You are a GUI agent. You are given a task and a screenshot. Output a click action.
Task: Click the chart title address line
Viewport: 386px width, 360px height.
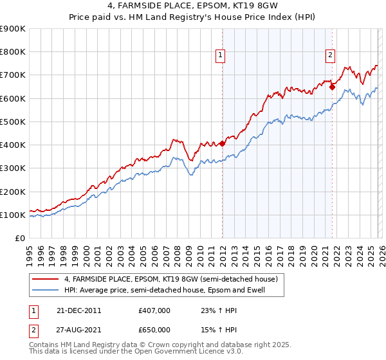point(193,6)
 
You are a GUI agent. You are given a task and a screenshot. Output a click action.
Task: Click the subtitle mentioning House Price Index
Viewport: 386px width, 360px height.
point(193,18)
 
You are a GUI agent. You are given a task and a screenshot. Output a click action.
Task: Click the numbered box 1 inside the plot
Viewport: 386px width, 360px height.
point(221,56)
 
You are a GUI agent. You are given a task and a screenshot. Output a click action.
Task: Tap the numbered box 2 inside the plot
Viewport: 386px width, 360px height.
point(330,56)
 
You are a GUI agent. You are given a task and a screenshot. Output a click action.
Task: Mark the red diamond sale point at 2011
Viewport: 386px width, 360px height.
point(222,143)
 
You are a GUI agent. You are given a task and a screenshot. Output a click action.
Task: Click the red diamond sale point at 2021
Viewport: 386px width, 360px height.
point(333,87)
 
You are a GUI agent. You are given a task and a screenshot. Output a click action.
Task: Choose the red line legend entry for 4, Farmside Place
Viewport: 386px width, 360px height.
point(170,280)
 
